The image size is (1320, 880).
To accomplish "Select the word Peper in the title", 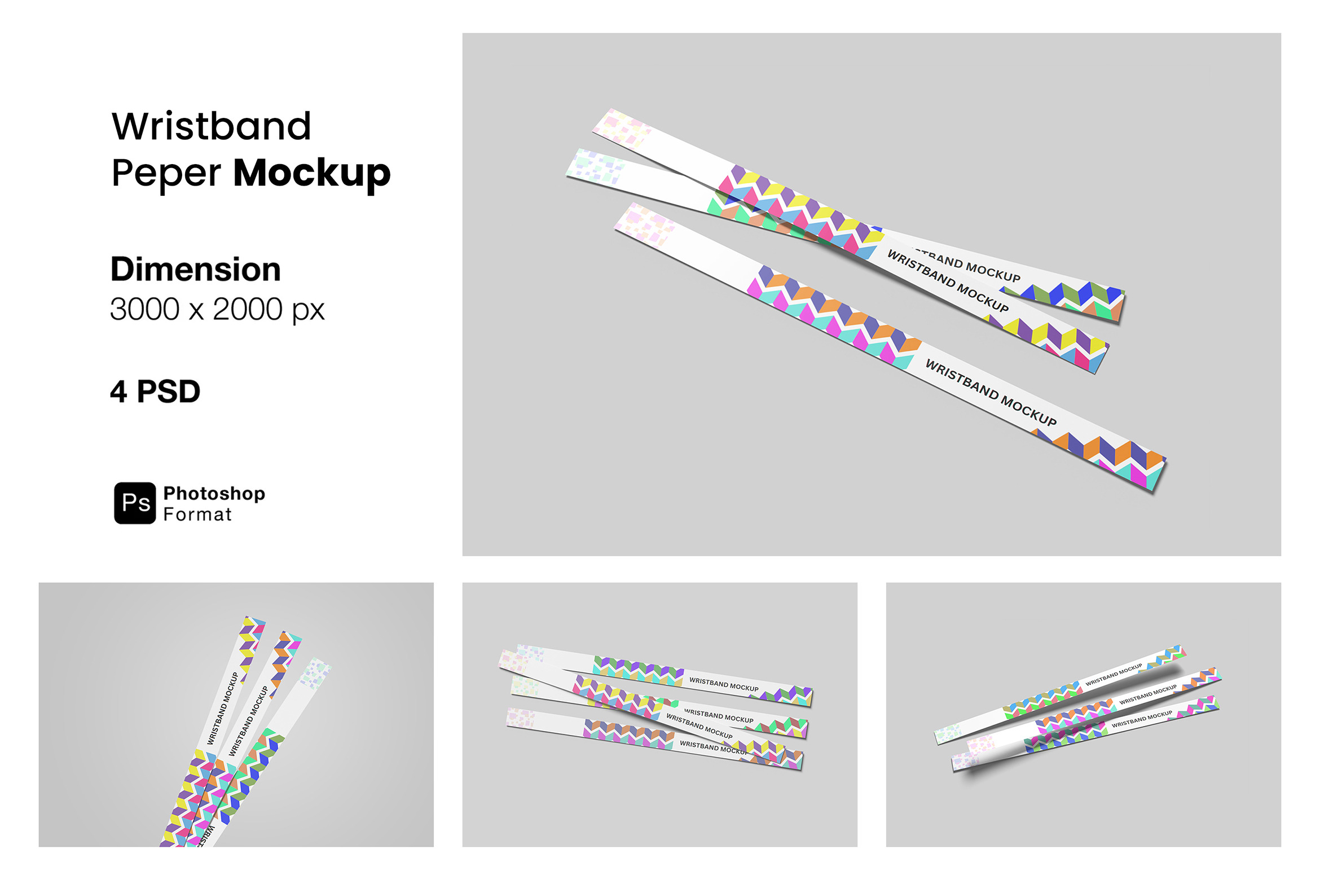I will click(x=166, y=173).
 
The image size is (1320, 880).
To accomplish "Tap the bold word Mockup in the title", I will click(x=312, y=173).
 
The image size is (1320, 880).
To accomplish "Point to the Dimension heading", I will click(x=195, y=269).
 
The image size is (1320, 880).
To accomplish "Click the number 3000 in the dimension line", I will click(x=144, y=309).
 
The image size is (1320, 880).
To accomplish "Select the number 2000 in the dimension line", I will click(x=247, y=309).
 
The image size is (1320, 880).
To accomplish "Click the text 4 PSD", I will click(x=155, y=391).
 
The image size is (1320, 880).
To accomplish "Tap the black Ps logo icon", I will click(x=135, y=503).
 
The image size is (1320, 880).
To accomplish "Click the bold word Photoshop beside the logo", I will click(x=214, y=493).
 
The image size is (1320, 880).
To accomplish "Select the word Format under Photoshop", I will click(x=197, y=514).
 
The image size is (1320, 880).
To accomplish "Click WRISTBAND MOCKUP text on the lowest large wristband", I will click(x=991, y=393).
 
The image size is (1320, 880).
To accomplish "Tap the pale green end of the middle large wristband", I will click(x=595, y=166).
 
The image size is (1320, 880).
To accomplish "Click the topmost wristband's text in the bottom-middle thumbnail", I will click(x=724, y=684).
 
